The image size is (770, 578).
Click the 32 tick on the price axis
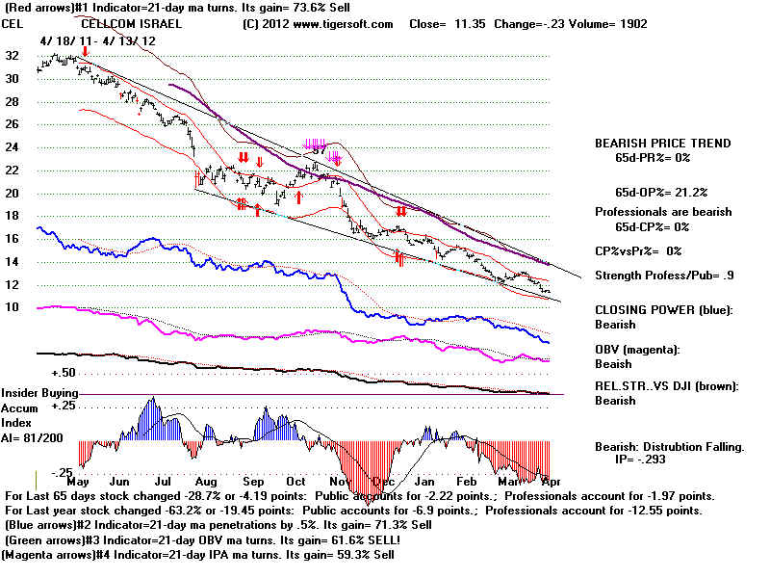[x=12, y=55]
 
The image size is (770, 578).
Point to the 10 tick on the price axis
[x=12, y=307]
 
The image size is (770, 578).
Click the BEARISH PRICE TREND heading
[x=662, y=144]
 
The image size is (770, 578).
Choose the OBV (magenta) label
[x=640, y=350]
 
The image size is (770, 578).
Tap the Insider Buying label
[x=38, y=394]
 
